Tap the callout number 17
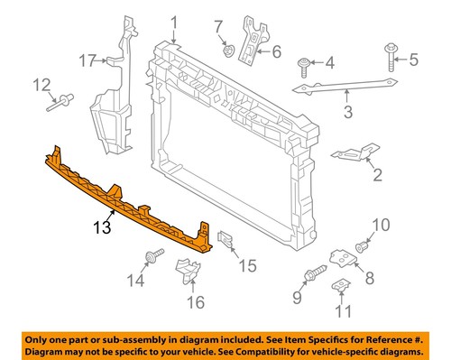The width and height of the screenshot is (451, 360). coord(86,61)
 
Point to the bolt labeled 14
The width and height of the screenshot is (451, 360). coord(154,257)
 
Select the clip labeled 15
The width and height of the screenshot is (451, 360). coord(226,240)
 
